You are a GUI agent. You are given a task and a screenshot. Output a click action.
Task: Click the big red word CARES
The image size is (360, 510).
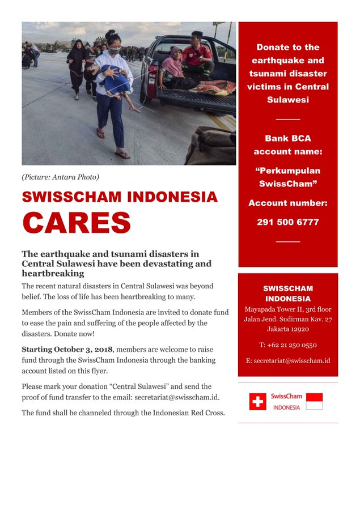coord(77,222)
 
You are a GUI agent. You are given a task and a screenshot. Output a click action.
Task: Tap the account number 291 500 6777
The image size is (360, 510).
coord(287,222)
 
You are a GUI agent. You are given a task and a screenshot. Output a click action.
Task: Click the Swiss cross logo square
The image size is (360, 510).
coord(257,402)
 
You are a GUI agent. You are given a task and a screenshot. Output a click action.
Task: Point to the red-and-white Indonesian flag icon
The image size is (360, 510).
coord(314,402)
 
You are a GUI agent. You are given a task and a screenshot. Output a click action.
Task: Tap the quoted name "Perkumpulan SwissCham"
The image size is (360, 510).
coord(287,177)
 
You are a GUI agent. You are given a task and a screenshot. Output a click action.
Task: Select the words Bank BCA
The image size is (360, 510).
coord(287,138)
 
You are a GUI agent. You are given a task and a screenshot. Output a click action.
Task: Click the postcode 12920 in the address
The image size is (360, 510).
coord(299,329)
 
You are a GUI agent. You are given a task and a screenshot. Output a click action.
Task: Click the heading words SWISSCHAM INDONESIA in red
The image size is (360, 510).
coord(120,197)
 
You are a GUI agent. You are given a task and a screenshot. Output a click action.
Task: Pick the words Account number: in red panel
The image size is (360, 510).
coord(287,203)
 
